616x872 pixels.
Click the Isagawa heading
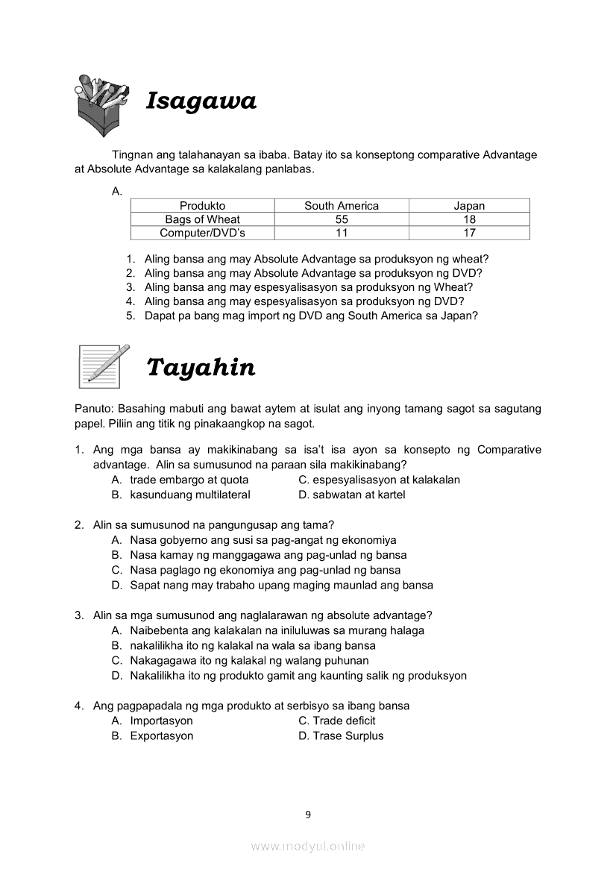[201, 101]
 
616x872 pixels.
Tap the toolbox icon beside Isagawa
[104, 104]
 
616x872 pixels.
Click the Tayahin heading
[201, 368]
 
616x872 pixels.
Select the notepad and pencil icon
[104, 366]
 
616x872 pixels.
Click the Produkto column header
[202, 206]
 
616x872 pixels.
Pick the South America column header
[342, 206]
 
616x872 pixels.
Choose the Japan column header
[469, 206]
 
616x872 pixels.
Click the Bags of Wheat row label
[202, 219]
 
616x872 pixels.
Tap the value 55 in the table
[342, 219]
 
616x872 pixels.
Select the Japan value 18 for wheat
[469, 219]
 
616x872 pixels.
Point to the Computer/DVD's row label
[202, 233]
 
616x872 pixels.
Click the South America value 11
[342, 233]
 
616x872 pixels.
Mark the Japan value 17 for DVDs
[469, 233]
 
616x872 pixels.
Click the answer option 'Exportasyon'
[161, 735]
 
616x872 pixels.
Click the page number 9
[308, 815]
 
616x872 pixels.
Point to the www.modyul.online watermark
[308, 846]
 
